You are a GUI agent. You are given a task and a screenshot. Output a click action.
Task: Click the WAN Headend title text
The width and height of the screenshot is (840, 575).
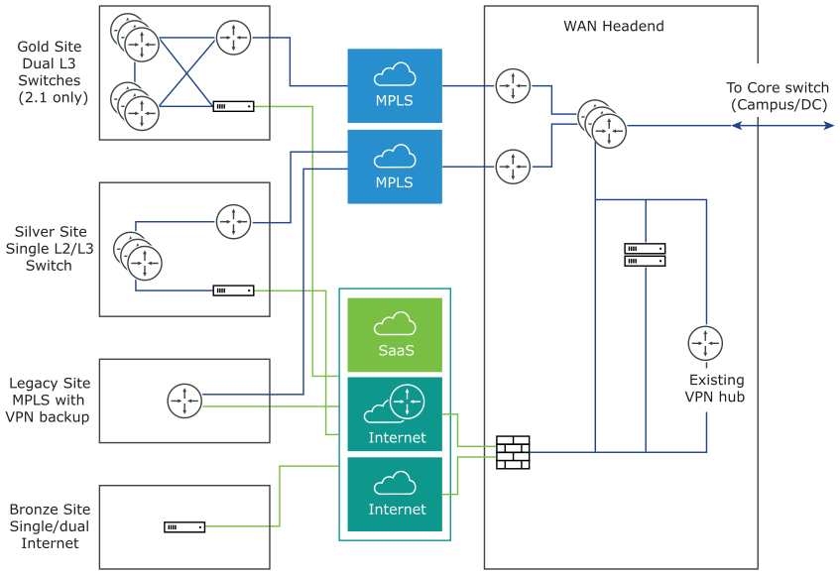click(x=614, y=26)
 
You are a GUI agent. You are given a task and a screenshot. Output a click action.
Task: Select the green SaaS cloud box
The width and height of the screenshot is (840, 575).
click(x=395, y=335)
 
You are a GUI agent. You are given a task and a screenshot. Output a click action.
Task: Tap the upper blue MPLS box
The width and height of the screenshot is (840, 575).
click(x=395, y=85)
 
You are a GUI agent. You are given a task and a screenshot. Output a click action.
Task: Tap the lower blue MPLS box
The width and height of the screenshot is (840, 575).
click(x=395, y=167)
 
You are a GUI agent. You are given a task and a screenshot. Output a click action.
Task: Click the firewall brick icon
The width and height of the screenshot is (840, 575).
click(x=513, y=452)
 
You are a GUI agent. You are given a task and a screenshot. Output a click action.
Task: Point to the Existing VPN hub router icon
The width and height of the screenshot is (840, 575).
click(x=705, y=343)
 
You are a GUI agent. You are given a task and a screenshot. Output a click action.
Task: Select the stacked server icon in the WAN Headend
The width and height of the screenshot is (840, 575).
click(x=645, y=255)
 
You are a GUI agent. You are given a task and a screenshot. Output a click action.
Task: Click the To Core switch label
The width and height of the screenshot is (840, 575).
click(x=779, y=96)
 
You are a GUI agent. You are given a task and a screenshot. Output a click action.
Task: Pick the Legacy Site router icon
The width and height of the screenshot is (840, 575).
click(x=184, y=401)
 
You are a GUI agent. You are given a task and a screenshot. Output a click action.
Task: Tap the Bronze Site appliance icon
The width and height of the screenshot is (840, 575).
click(x=184, y=527)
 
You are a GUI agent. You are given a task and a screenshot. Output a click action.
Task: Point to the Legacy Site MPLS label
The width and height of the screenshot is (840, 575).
click(x=50, y=400)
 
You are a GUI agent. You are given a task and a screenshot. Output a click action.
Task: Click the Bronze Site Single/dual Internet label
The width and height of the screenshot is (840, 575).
click(x=50, y=526)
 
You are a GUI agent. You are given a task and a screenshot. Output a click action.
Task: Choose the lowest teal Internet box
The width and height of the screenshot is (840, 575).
click(x=395, y=495)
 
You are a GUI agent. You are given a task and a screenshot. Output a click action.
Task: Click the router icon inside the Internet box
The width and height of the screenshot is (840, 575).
click(x=407, y=401)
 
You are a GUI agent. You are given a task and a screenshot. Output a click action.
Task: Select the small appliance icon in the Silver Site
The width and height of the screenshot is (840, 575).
click(x=233, y=290)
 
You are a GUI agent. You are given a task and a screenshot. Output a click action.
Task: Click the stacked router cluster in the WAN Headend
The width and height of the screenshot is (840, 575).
click(x=601, y=123)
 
